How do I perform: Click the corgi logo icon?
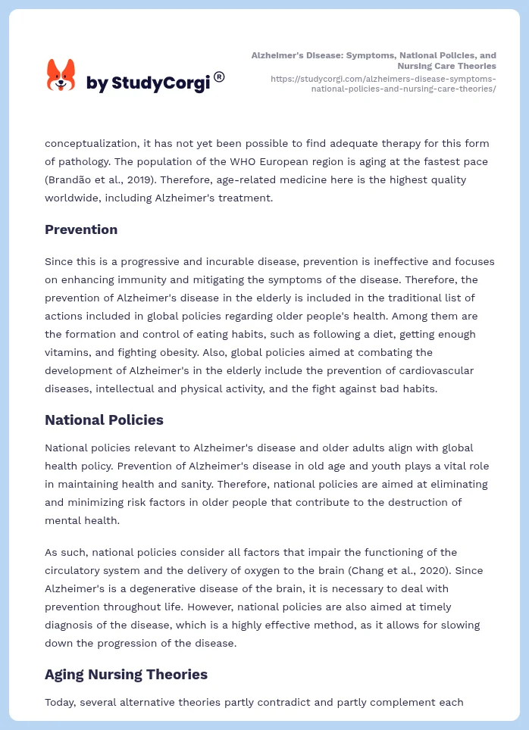pos(61,75)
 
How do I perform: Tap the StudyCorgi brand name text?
pos(148,83)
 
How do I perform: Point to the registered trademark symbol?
pos(219,76)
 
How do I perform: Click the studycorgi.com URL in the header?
pos(383,83)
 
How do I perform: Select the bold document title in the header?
pos(374,61)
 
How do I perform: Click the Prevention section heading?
pos(81,229)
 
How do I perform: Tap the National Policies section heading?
pos(104,420)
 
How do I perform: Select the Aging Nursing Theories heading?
pos(126,674)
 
